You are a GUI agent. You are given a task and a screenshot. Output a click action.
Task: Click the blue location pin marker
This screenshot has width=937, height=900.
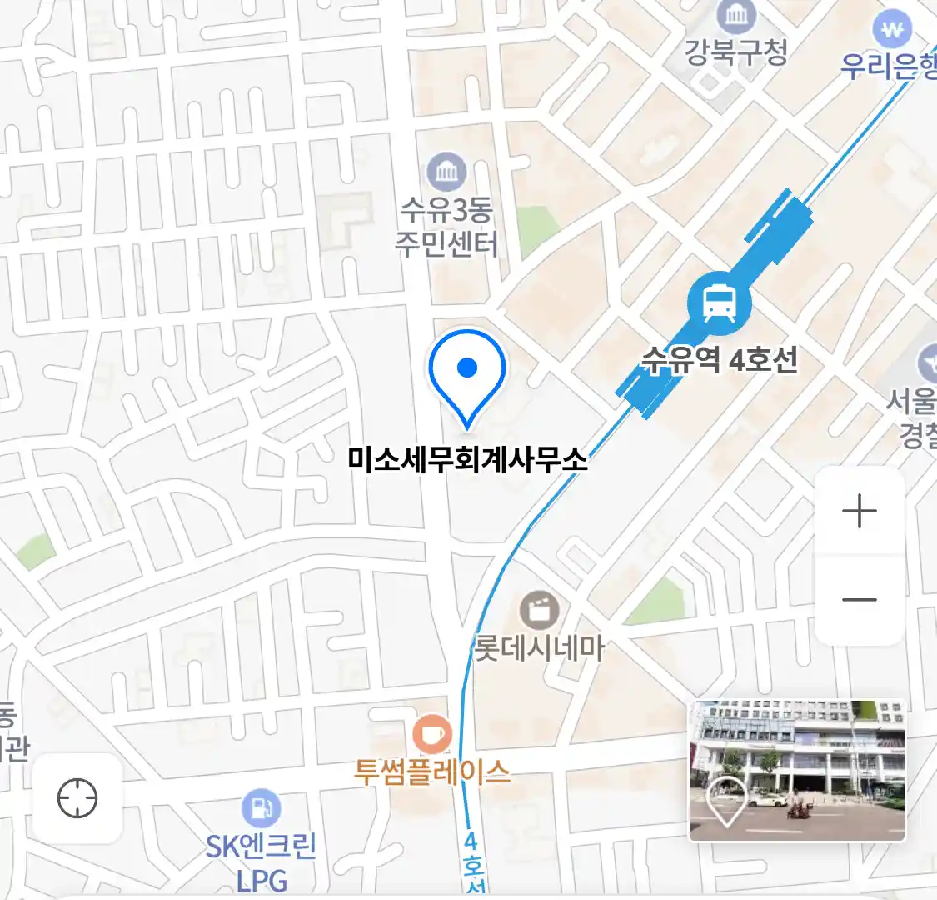tap(467, 372)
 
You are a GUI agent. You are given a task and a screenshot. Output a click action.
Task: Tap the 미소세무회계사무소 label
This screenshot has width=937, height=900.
tap(467, 459)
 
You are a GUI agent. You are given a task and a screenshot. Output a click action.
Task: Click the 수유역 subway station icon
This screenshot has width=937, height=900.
tap(719, 303)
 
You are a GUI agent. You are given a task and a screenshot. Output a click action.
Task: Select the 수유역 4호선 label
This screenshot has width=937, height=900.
tap(720, 360)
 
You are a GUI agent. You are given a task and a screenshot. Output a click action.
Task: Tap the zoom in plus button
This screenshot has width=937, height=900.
tap(860, 511)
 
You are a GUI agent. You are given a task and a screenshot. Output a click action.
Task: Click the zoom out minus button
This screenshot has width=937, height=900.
tap(860, 599)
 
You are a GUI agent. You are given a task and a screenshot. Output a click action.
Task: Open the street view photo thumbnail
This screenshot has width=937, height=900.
tap(796, 770)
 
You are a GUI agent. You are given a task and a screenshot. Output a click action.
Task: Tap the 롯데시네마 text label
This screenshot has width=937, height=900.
tap(539, 648)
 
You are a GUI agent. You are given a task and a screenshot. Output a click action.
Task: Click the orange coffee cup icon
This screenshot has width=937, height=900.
tap(432, 735)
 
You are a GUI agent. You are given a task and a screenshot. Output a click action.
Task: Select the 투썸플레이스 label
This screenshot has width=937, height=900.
tap(432, 772)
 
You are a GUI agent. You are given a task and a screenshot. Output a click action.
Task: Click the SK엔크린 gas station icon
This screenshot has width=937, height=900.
tap(261, 808)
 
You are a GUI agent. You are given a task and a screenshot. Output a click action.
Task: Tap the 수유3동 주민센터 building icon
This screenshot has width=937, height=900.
tap(446, 172)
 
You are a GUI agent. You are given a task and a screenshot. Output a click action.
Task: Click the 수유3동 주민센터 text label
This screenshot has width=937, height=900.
tap(446, 227)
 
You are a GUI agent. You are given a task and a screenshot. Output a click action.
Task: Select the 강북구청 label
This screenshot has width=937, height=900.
tap(735, 52)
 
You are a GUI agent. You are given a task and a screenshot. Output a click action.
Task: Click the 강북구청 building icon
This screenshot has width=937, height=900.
tap(736, 15)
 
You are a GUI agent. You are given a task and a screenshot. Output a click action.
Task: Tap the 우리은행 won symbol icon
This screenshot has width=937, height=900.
tap(893, 31)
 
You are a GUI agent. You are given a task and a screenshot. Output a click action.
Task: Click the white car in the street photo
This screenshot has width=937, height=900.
tap(766, 801)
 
